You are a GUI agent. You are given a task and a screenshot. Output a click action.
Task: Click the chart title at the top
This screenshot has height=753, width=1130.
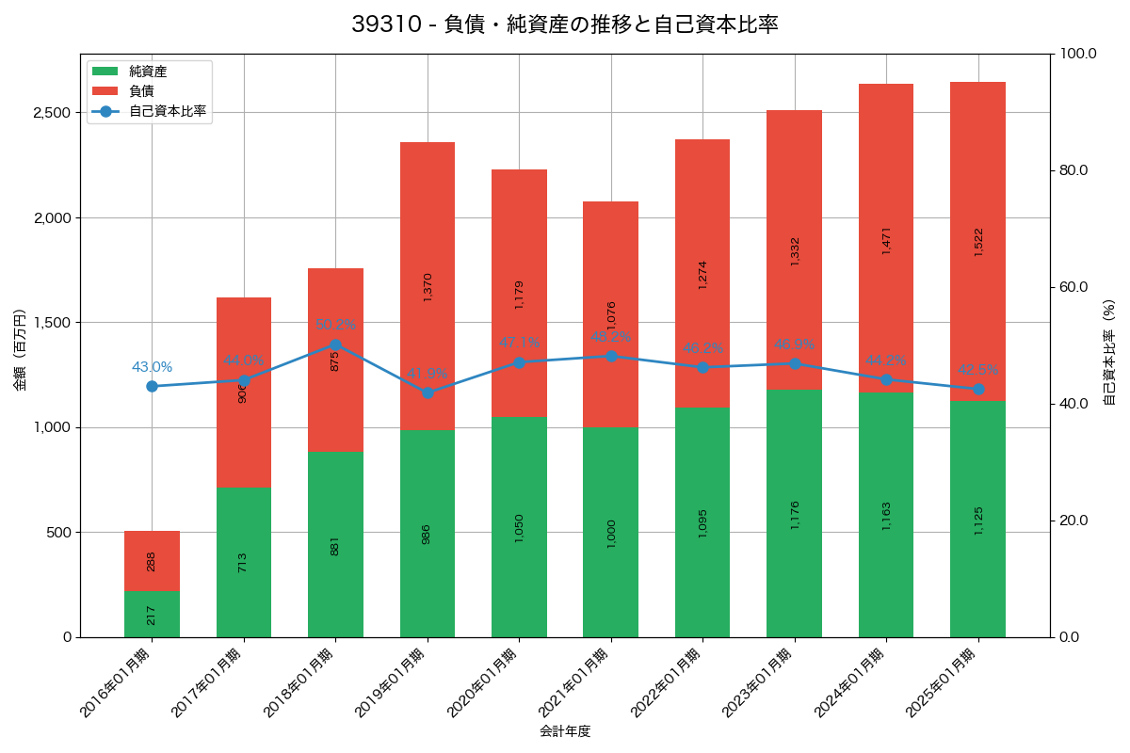565,24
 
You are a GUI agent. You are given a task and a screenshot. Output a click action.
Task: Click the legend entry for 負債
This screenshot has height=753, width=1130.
141,91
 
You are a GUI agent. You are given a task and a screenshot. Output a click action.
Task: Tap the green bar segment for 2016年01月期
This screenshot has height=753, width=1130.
152,614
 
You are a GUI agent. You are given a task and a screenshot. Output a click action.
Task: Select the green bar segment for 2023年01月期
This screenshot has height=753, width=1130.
795,513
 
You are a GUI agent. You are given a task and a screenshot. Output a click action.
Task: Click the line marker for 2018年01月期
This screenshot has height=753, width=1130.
335,344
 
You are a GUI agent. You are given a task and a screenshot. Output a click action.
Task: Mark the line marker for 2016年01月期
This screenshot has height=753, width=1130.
152,386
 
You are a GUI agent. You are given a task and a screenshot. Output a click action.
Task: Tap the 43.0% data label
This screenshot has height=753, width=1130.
152,367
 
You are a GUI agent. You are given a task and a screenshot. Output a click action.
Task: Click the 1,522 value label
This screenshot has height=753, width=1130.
977,242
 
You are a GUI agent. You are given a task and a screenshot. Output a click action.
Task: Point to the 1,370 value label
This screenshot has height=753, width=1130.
428,287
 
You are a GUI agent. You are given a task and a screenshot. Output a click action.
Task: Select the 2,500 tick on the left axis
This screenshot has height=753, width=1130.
53,113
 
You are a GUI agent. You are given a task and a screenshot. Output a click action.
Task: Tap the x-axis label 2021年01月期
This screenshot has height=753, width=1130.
577,683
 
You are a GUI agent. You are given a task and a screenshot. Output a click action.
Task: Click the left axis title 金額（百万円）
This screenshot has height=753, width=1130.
19,350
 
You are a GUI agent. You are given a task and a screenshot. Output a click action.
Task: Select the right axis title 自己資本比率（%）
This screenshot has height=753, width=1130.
1109,350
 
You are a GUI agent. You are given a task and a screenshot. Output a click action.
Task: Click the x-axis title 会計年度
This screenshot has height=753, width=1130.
565,731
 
